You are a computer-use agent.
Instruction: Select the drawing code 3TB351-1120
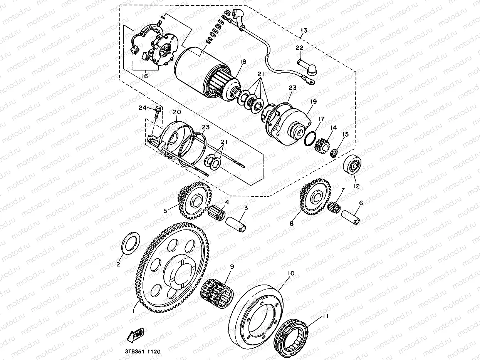pos(142,352)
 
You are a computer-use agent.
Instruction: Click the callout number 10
pos(290,273)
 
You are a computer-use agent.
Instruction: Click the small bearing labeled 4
pos(217,212)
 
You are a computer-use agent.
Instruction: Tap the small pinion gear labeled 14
pos(321,146)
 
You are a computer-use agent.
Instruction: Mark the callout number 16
pos(144,76)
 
